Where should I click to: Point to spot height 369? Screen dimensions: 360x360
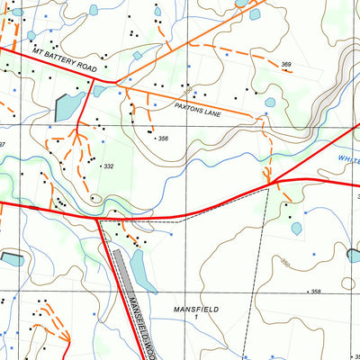[x=286, y=65]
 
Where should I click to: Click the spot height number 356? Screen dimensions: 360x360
[x=163, y=139]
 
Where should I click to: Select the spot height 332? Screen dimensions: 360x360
[x=108, y=166]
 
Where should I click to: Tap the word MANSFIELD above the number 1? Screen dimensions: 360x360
[x=195, y=309]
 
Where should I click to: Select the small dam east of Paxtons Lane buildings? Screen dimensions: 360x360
[x=270, y=103]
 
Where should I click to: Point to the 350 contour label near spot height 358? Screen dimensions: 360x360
[x=286, y=263]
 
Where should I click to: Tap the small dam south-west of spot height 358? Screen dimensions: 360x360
[x=296, y=229]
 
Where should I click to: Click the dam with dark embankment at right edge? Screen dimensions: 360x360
[x=354, y=256]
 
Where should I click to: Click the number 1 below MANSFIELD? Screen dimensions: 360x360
[x=195, y=319]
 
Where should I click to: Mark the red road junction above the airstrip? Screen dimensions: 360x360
[x=99, y=219]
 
